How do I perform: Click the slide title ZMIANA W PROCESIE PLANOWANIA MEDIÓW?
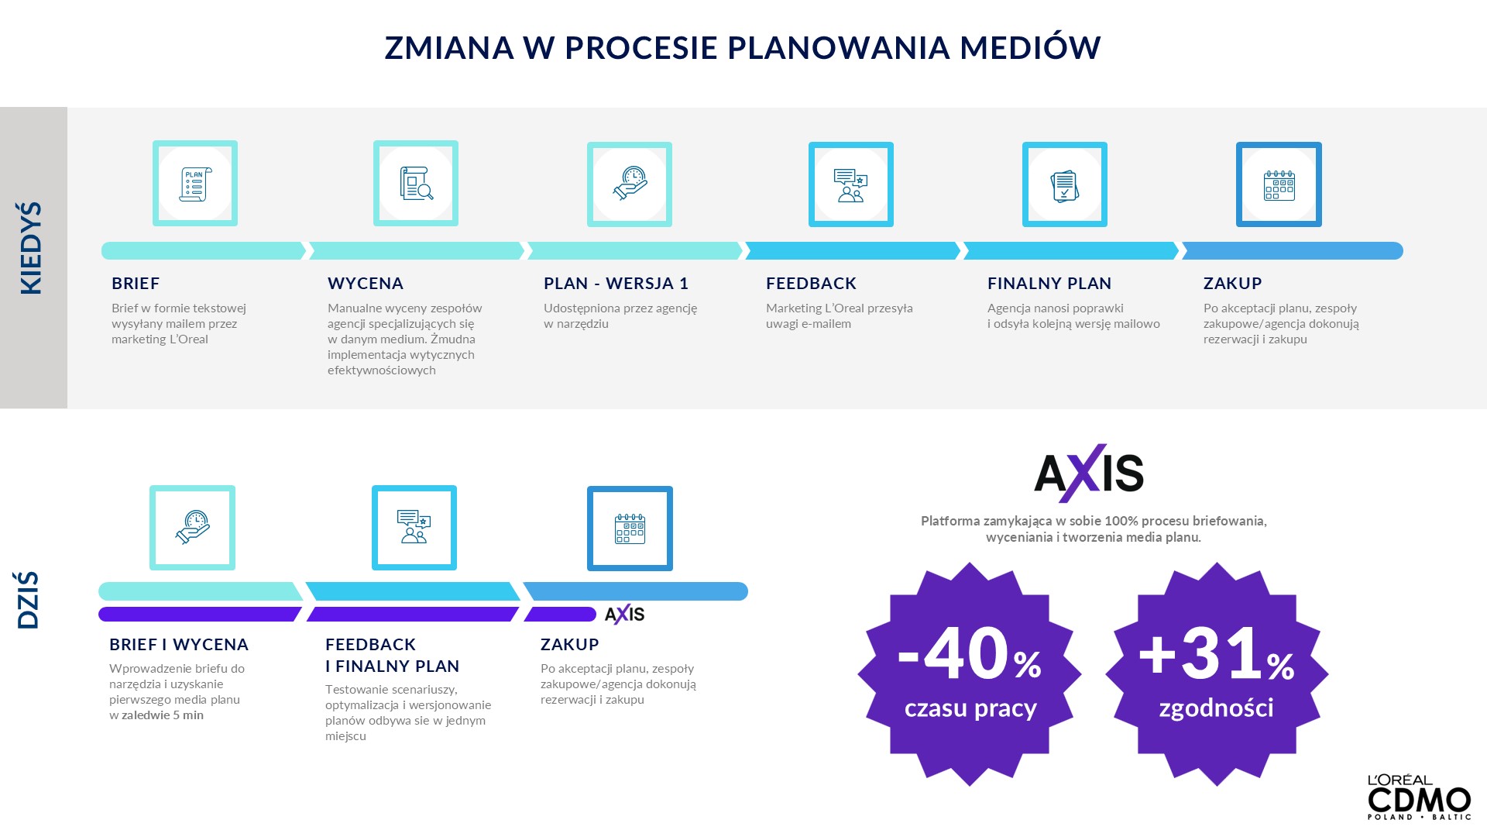coord(743,46)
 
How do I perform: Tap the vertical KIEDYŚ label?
coord(31,248)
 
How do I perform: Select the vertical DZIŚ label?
coord(28,601)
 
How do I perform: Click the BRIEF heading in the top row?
coord(136,284)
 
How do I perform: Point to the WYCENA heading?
coord(366,284)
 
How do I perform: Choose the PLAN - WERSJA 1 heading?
coord(616,284)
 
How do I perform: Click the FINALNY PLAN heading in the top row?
coord(1049,284)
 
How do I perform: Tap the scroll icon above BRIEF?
coord(195,184)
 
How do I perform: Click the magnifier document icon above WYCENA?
coord(416,184)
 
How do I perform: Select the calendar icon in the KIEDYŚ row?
coord(1279,185)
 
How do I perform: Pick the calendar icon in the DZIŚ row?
coord(630,529)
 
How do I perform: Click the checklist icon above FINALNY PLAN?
coord(1065,186)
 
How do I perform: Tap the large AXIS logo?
coord(1089,473)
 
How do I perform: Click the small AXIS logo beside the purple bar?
coord(624,615)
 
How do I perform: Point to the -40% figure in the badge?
coord(969,655)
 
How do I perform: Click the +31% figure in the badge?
coord(1216,655)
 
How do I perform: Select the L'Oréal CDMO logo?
coord(1419,797)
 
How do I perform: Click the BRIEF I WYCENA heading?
coord(179,645)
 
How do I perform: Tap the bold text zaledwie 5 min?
coord(163,715)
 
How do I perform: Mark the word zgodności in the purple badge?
coord(1216,708)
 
